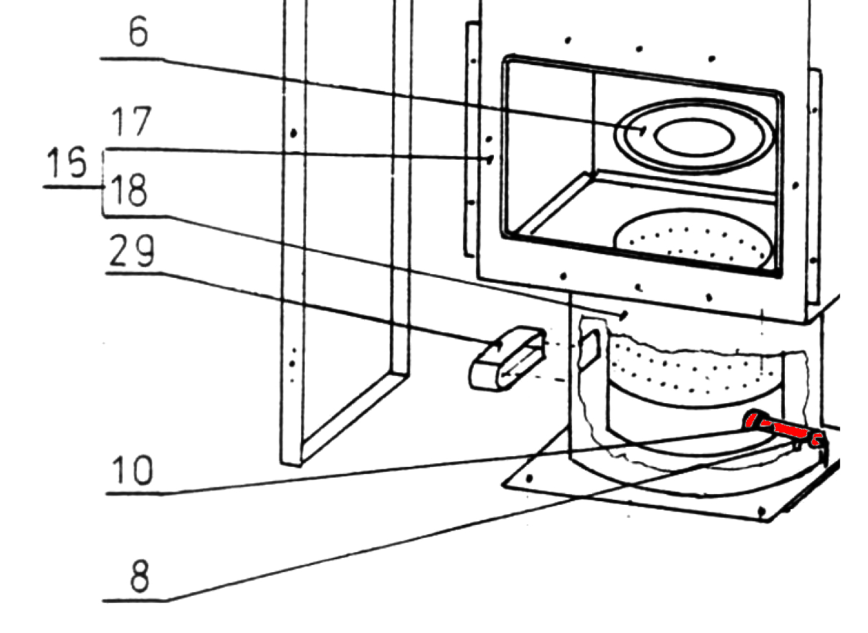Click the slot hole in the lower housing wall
588,349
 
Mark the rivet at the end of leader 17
490,160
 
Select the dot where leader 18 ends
626,314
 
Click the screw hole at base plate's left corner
529,477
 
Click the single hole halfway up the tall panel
293,133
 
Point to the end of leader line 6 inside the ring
643,130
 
